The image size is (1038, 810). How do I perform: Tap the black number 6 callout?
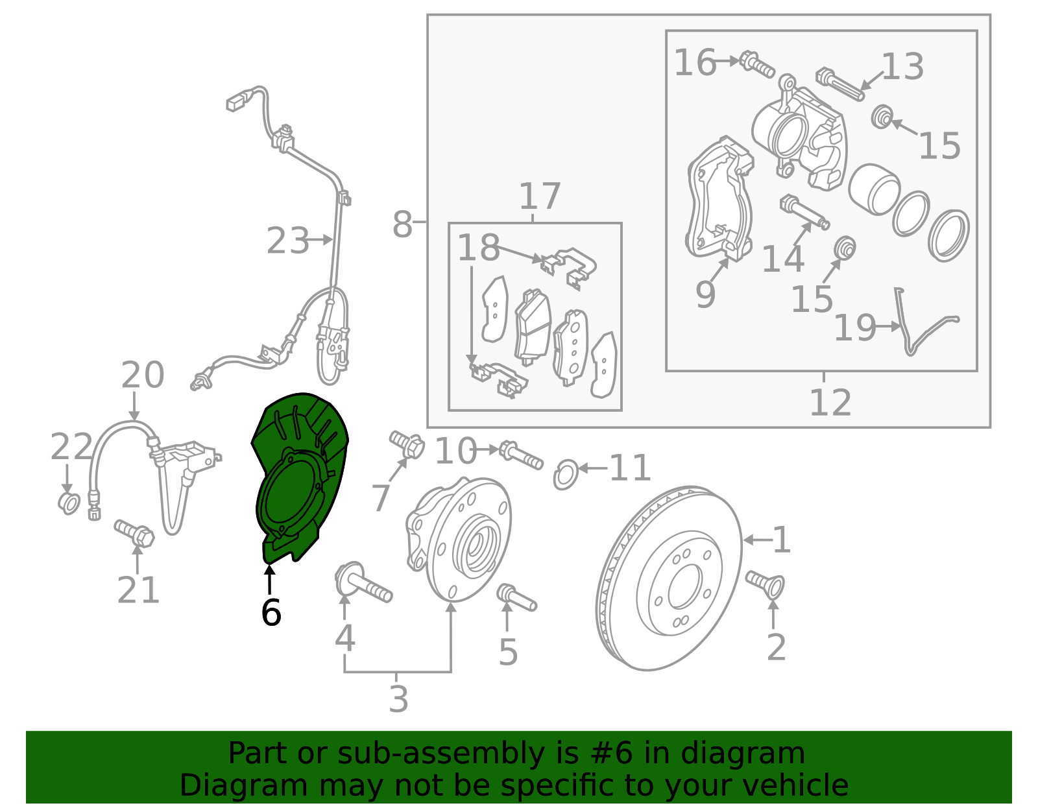point(271,612)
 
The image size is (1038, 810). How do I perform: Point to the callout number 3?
point(398,700)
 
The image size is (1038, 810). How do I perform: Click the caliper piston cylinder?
point(873,189)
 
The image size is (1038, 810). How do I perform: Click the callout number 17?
point(539,197)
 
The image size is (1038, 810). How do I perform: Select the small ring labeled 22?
point(69,503)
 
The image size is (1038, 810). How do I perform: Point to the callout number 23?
point(288,241)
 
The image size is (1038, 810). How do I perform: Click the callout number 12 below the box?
point(830,403)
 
